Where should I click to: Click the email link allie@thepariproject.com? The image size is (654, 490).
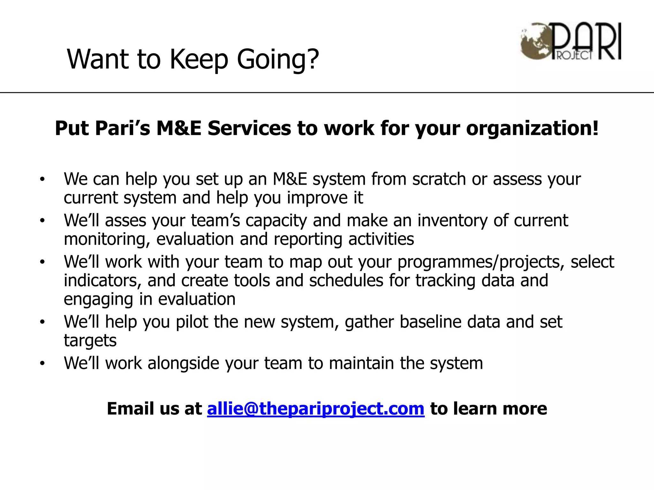316,409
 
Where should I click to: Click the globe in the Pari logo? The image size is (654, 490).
534,41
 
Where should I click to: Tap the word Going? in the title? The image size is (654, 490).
278,59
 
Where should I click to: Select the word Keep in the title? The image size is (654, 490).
199,59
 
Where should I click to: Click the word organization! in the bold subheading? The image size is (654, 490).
532,128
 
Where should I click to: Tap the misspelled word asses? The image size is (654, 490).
125,220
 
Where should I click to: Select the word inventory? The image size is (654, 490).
452,220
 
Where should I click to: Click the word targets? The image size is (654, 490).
90,340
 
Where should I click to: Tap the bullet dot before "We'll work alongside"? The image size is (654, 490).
42,363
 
